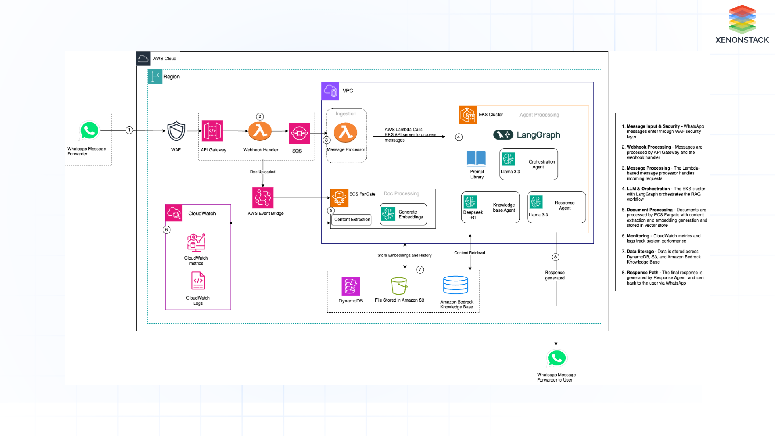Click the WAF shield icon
[176, 131]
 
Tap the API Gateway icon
[212, 131]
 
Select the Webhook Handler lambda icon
[260, 131]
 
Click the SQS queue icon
[299, 133]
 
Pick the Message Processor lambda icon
[346, 132]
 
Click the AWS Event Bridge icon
[263, 198]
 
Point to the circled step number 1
[129, 130]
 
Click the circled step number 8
[555, 257]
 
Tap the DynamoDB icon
[351, 286]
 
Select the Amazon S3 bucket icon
[399, 286]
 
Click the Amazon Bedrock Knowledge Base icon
[456, 285]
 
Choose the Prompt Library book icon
[476, 158]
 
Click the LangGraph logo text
[538, 135]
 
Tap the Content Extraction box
[352, 220]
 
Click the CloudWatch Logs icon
[198, 281]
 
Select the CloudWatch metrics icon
[196, 243]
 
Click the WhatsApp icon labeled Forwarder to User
[556, 358]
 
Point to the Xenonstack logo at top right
[742, 24]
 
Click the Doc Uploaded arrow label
[263, 172]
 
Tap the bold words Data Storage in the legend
[640, 252]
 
